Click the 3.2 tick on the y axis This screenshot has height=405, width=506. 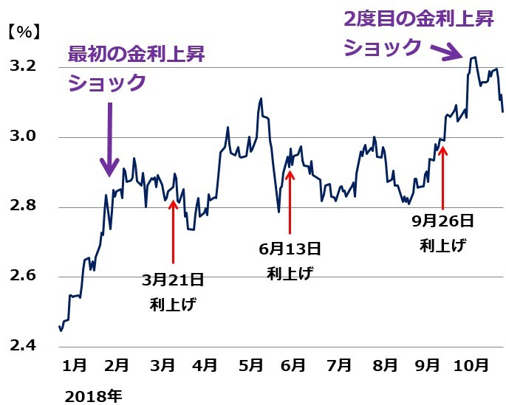click(22, 68)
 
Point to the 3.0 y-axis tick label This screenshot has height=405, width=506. click(22, 137)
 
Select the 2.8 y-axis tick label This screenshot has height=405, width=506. click(22, 207)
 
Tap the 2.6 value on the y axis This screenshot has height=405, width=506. click(22, 277)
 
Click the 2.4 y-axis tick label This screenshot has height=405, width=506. click(22, 346)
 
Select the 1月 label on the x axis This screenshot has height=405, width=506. click(75, 365)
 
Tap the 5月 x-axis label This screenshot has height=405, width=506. click(251, 365)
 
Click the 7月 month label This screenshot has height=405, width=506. click(338, 365)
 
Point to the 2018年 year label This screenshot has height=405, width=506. click(92, 395)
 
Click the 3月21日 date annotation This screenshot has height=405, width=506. click(173, 280)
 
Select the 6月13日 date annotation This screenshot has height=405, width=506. click(290, 249)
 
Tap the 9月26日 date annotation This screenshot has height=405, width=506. click(442, 221)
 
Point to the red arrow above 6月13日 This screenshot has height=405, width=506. click(290, 199)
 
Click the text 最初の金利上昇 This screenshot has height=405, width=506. click(136, 54)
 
